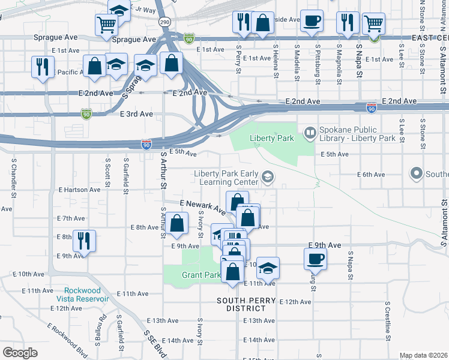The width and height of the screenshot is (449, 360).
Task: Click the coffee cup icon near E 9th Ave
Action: (x=315, y=259)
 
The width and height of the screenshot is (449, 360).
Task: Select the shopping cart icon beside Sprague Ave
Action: (x=106, y=25)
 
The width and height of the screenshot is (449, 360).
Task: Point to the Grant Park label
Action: (x=201, y=275)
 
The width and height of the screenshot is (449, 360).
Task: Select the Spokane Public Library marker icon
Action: (x=310, y=133)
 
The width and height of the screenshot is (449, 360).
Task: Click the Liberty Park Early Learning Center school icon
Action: (x=267, y=177)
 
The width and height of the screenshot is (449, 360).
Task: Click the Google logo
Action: (x=20, y=352)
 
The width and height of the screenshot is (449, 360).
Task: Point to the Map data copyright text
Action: (x=423, y=355)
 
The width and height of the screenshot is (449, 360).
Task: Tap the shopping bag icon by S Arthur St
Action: (x=176, y=224)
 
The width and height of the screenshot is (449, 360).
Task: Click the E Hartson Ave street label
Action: (x=79, y=190)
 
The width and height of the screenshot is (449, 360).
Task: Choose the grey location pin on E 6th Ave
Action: (x=417, y=174)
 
